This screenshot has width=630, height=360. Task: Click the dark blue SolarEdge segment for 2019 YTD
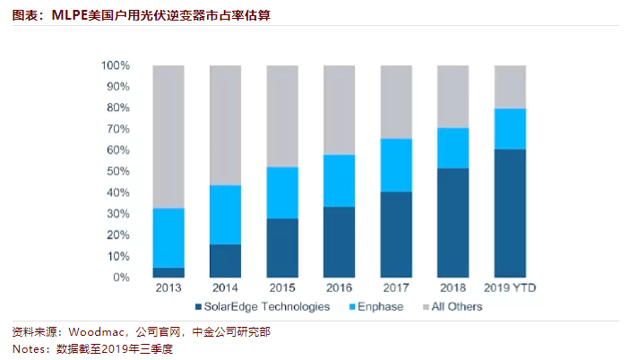point(511,213)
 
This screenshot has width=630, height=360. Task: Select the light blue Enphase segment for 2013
point(169,237)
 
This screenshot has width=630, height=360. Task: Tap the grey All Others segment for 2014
point(226,125)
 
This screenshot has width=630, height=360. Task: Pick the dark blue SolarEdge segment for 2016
point(340,242)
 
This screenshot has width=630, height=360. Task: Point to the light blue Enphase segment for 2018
point(453,148)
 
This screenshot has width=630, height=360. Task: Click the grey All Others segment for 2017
point(396,102)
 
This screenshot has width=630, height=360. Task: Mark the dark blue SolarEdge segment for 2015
point(283,248)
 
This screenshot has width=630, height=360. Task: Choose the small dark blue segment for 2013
point(169,272)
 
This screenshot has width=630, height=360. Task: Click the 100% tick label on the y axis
point(117,65)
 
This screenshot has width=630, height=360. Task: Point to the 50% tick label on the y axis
point(119,171)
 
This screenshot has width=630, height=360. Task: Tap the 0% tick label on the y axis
point(123,278)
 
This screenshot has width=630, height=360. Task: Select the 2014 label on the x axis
point(226,288)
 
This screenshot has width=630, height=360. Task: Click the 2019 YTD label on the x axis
point(511,288)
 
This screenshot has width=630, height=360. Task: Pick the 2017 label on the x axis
point(396,288)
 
